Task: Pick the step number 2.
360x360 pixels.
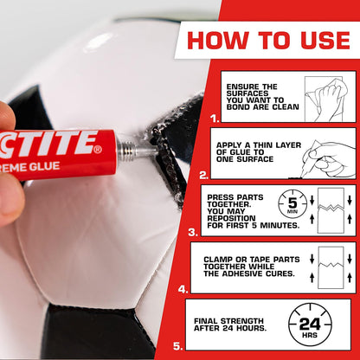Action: click(204, 174)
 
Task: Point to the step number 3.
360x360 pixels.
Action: click(192, 233)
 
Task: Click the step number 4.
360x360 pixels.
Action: click(183, 289)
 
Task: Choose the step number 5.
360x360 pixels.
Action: click(177, 345)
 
